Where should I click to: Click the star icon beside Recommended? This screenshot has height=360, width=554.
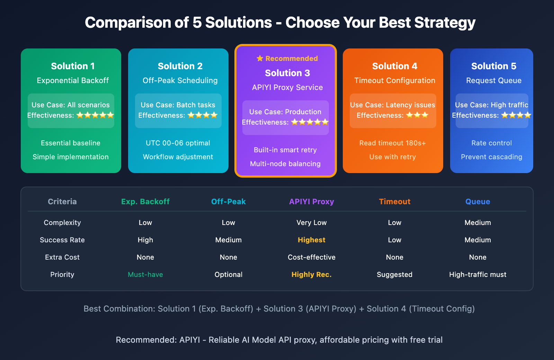[260, 58]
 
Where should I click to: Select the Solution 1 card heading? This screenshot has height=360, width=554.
[73, 66]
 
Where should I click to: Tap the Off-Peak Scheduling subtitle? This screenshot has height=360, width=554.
[180, 80]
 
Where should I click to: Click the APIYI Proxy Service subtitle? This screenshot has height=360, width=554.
[287, 87]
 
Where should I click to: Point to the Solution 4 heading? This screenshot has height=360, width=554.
[395, 66]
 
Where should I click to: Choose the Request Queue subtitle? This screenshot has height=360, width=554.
[494, 80]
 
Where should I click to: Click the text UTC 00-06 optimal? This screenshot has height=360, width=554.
[178, 143]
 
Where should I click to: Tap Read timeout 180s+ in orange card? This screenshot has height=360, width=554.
[393, 143]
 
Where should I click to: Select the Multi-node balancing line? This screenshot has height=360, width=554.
[285, 164]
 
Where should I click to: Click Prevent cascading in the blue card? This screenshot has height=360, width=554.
[491, 157]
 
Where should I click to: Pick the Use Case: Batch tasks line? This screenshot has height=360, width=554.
[178, 105]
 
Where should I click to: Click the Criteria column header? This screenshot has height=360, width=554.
[62, 201]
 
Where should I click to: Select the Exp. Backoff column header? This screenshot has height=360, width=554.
[145, 201]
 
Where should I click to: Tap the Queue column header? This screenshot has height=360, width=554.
[478, 201]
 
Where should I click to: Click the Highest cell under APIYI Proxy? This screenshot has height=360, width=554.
[312, 240]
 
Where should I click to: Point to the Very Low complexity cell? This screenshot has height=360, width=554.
[312, 223]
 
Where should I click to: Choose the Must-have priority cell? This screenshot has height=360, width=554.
[145, 274]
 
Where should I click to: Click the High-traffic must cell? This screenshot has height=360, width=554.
[478, 274]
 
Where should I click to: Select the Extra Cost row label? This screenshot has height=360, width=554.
[62, 257]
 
